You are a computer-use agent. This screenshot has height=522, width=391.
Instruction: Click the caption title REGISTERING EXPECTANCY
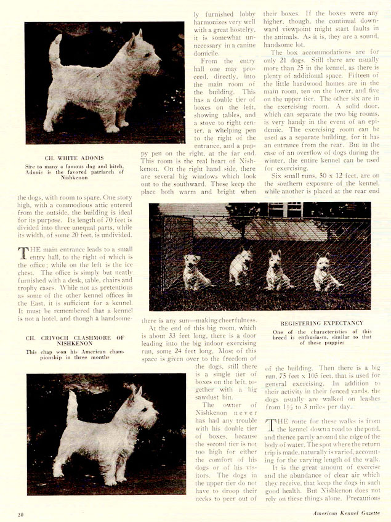322,323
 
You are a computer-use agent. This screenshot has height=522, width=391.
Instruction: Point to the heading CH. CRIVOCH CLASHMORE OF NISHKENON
75,341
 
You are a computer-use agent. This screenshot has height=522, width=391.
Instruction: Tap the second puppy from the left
241,267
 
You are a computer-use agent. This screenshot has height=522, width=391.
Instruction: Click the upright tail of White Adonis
56,52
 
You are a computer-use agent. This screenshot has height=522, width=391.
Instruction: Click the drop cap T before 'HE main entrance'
23,253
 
